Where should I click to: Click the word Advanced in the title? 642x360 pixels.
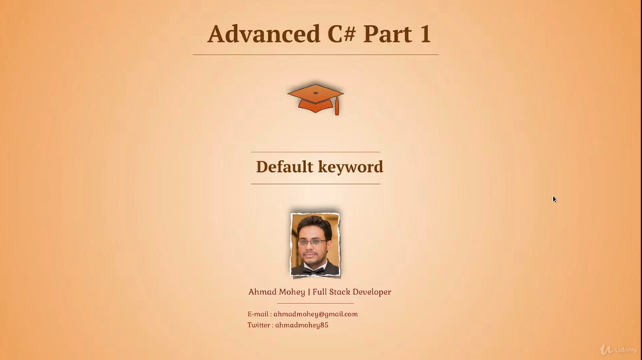click(264, 33)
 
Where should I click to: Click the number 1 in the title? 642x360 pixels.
click(425, 33)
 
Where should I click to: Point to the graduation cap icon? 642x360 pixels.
click(316, 99)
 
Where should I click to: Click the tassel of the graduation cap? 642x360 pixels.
click(337, 106)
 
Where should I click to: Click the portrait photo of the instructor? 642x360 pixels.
click(315, 245)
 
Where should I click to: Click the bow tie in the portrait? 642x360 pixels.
click(313, 270)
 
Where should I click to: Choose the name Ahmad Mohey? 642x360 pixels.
click(276, 292)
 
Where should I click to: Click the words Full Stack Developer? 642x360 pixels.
click(352, 292)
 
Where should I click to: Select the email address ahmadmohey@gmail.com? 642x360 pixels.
click(316, 314)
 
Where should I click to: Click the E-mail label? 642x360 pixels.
click(258, 314)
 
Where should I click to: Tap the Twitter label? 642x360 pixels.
click(259, 325)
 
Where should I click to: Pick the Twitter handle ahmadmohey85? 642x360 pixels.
click(302, 325)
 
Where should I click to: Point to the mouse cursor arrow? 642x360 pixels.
click(555, 199)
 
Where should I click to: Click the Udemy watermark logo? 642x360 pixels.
click(619, 349)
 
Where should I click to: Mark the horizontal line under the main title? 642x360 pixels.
click(315, 54)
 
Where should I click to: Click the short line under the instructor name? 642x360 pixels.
click(315, 303)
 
